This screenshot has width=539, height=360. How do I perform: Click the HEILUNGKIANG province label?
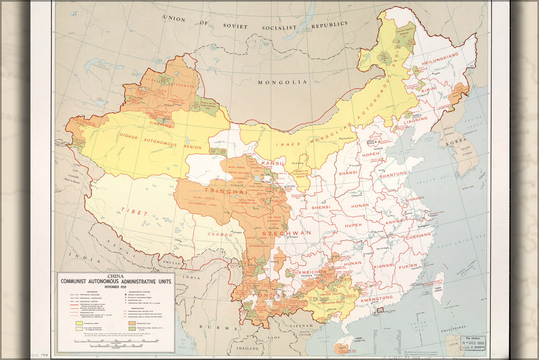[x=439, y=55]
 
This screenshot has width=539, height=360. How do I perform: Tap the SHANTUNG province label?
[x=393, y=174]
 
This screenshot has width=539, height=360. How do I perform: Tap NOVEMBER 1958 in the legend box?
[x=116, y=286]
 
